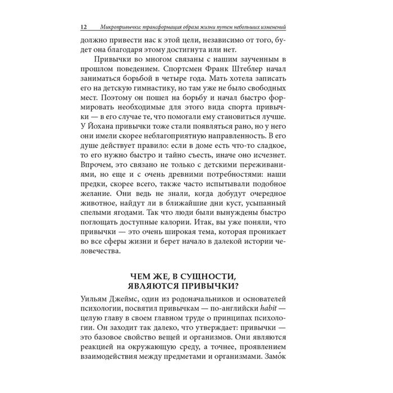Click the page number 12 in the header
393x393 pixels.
pyautogui.click(x=84, y=27)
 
